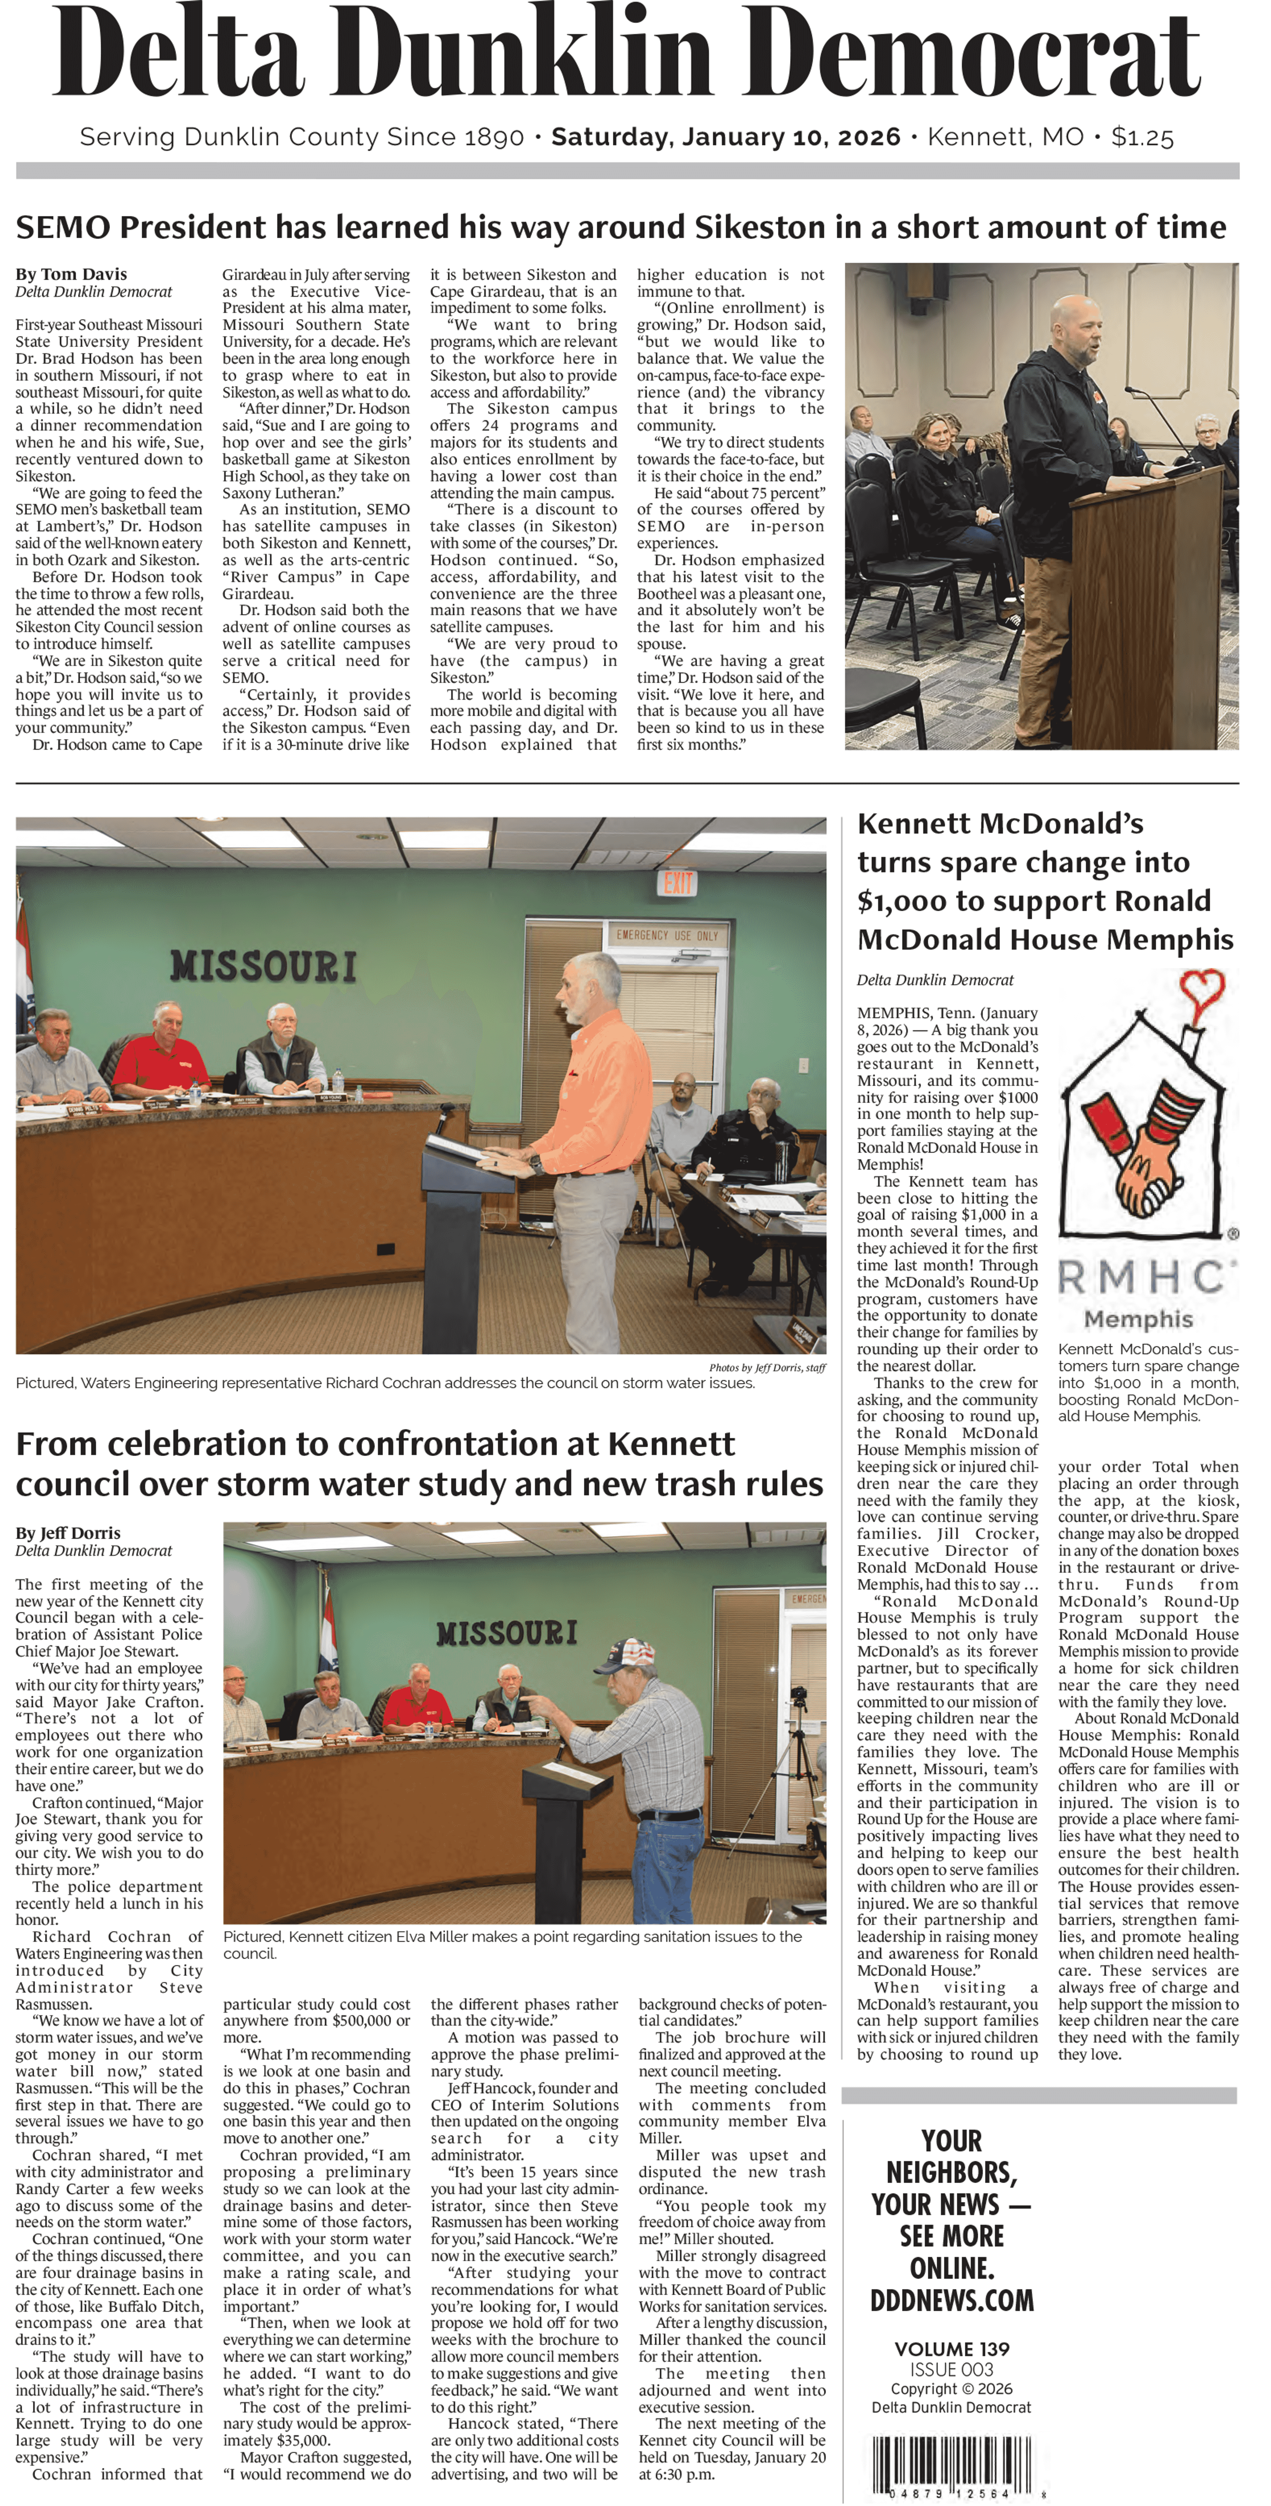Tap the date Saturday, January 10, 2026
point(726,137)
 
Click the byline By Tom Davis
point(71,274)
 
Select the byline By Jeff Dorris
point(68,1533)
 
